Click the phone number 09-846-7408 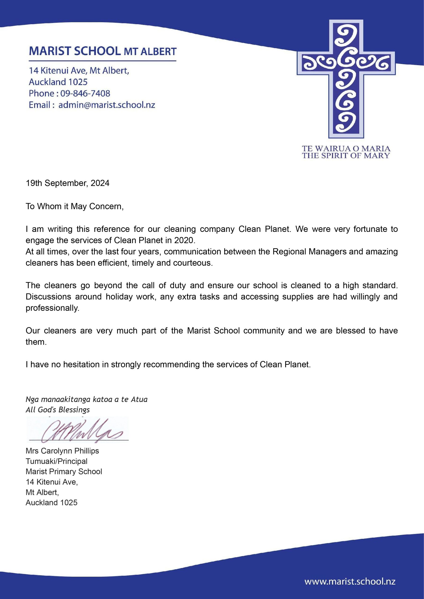tap(85, 93)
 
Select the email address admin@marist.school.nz tap(107, 105)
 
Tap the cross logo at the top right tap(346, 78)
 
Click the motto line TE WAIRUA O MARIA tap(346, 149)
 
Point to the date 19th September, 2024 tap(67, 183)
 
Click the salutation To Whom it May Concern tap(74, 206)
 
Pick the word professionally tap(52, 308)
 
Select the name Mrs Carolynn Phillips tap(62, 451)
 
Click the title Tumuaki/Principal tap(56, 461)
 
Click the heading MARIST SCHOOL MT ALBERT tap(103, 51)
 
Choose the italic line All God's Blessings tap(57, 410)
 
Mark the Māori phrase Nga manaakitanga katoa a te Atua tap(86, 399)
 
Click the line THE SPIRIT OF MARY tap(346, 156)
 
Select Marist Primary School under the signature tap(64, 471)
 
